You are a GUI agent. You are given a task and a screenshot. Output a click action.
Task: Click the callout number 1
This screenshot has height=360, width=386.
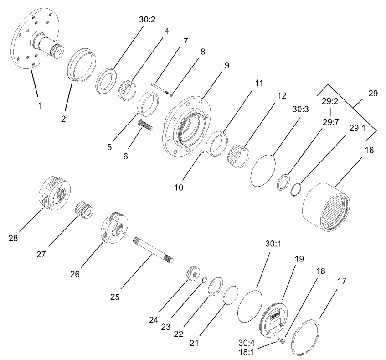pos(39,105)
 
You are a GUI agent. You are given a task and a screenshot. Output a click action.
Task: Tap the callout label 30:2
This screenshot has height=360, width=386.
pos(147,21)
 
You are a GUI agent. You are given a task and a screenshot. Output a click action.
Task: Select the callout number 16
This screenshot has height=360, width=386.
pos(369,150)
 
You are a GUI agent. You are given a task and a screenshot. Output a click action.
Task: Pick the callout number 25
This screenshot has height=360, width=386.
pos(115,297)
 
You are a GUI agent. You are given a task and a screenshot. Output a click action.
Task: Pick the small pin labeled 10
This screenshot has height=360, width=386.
pos(201,152)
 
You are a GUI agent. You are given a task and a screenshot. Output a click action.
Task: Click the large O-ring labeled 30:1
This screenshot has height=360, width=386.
pos(251,307)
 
